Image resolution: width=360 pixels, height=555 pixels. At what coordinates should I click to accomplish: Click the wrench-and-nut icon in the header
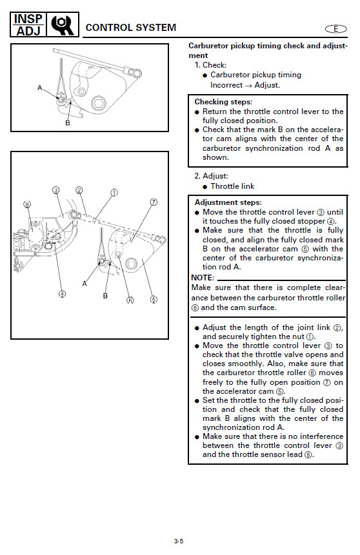[x=63, y=24]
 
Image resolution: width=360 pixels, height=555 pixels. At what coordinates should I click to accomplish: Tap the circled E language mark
[x=335, y=29]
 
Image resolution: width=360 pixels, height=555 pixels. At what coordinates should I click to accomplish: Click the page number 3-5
[x=179, y=541]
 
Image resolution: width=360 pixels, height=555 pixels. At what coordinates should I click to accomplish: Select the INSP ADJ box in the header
[x=28, y=24]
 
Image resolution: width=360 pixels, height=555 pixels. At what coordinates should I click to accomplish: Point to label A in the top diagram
[x=40, y=88]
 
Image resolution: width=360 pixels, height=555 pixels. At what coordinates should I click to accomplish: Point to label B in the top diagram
[x=68, y=123]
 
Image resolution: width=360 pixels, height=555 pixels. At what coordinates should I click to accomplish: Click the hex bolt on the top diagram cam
[x=98, y=103]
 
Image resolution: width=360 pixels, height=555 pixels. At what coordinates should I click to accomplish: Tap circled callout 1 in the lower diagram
[x=114, y=193]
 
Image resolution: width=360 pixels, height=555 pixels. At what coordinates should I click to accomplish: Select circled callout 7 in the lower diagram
[x=154, y=202]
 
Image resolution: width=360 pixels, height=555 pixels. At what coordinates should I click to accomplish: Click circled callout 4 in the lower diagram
[x=62, y=294]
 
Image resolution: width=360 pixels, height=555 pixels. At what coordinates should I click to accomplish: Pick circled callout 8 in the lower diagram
[x=27, y=204]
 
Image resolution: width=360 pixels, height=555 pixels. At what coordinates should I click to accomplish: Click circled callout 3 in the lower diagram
[x=56, y=190]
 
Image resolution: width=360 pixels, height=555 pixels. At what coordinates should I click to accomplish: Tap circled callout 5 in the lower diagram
[x=153, y=300]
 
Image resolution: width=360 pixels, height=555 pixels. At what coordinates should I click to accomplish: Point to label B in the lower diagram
[x=105, y=296]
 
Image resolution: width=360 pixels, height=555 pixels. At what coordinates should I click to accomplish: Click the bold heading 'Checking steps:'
[x=223, y=102]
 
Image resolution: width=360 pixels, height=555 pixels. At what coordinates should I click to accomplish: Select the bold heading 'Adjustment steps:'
[x=228, y=202]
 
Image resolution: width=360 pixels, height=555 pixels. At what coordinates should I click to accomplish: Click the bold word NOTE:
[x=203, y=277]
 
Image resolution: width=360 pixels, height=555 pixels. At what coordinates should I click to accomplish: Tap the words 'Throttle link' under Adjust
[x=232, y=186]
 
